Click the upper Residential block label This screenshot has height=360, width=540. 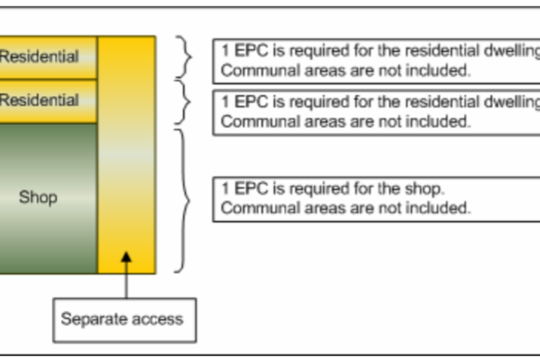(39, 56)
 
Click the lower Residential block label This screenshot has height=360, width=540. (39, 100)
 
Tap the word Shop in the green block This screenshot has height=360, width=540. (38, 197)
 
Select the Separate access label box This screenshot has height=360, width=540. (124, 319)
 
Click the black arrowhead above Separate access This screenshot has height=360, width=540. (126, 257)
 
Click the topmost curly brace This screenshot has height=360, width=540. (184, 57)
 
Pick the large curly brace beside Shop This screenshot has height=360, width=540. (183, 201)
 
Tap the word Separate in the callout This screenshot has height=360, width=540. (91, 319)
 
